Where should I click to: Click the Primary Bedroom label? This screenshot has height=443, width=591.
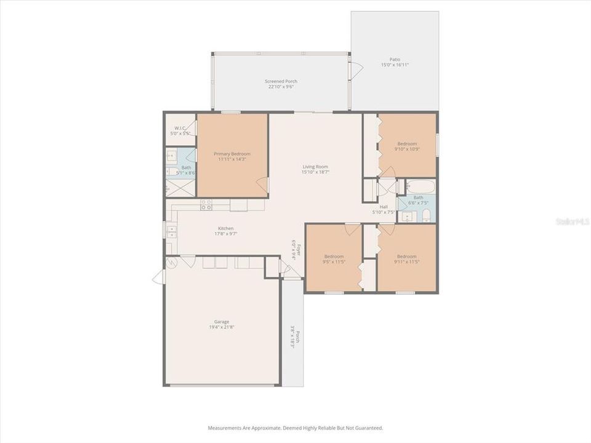pyautogui.click(x=232, y=154)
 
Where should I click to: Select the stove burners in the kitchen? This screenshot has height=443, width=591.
pyautogui.click(x=206, y=204)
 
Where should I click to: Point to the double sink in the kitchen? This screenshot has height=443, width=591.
pyautogui.click(x=171, y=231)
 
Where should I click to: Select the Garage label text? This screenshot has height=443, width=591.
pyautogui.click(x=222, y=322)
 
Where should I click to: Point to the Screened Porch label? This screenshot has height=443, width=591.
pyautogui.click(x=281, y=81)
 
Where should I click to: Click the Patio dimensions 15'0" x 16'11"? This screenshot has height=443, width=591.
pyautogui.click(x=395, y=65)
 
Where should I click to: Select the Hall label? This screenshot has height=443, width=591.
pyautogui.click(x=384, y=207)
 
